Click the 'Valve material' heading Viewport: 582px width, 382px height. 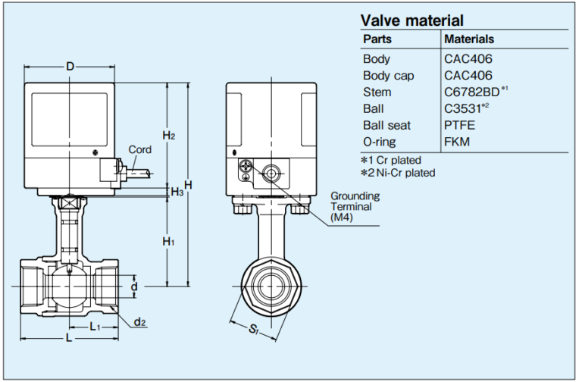click(411, 20)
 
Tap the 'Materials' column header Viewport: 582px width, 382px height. click(469, 39)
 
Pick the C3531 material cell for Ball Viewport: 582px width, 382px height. click(466, 108)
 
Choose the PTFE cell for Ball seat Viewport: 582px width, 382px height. click(459, 124)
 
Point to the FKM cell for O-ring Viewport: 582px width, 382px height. click(457, 141)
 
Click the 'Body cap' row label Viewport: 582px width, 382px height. click(389, 75)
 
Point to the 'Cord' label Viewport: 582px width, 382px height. click(140, 149)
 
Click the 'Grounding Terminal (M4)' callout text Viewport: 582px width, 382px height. click(355, 206)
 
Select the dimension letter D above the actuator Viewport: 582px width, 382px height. click(70, 67)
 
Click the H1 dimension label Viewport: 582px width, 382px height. click(168, 241)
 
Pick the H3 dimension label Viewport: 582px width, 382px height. click(177, 193)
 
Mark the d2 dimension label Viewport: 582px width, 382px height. click(140, 322)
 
